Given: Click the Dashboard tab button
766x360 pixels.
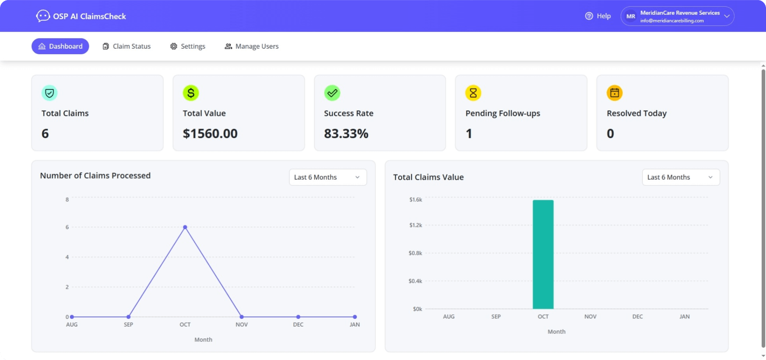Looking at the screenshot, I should click(60, 46).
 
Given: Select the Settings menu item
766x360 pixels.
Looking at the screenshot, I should click(187, 46).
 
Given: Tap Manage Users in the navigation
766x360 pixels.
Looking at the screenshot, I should click(252, 46).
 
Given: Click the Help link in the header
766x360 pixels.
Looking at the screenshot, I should click(598, 16).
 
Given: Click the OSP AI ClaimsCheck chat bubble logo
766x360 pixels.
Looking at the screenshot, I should click(42, 16).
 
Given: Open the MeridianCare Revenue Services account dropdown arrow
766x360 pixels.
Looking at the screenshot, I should click(727, 16).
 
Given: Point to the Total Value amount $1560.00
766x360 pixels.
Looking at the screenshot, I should click(210, 134).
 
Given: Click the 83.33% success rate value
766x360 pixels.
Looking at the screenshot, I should click(346, 134).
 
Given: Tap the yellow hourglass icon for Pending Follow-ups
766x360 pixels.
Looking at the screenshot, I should click(473, 93).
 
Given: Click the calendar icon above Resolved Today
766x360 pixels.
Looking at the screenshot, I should click(614, 93).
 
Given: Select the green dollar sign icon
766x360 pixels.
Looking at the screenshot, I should click(190, 93).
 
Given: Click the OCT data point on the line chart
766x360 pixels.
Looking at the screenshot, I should click(185, 227).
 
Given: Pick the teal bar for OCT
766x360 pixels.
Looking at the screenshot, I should click(543, 254).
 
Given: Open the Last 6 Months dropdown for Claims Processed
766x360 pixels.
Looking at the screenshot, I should click(327, 177).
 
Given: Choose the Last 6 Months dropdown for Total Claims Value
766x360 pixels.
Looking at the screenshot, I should click(680, 177).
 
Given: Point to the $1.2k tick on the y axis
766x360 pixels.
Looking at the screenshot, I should click(415, 225).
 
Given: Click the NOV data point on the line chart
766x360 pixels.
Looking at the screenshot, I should click(242, 317).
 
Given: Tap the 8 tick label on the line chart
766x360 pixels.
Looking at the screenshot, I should click(67, 199).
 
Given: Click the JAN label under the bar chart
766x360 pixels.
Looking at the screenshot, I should click(684, 317).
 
